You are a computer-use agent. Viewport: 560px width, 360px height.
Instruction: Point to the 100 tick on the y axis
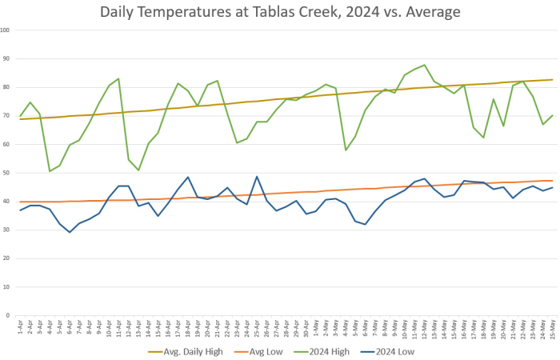6,30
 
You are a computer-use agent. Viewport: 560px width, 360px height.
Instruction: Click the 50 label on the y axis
7,173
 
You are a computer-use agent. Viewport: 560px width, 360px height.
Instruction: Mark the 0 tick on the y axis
9,315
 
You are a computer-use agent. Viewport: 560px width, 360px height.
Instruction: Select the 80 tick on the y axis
7,87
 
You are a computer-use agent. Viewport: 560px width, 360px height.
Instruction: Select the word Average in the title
431,13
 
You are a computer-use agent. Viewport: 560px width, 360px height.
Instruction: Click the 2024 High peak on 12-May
424,65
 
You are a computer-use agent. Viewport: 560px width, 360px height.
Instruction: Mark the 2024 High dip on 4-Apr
50,171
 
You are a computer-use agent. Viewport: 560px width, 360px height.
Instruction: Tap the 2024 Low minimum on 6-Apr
70,232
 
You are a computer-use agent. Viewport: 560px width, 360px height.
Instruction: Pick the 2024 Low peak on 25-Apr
257,176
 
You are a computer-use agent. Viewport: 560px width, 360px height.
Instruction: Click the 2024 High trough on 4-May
346,150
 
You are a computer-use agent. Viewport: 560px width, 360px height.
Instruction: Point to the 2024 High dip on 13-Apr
138,170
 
